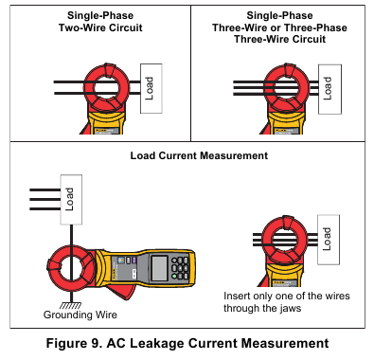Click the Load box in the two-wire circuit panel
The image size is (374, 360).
(151, 88)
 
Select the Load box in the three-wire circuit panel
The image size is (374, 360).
(329, 89)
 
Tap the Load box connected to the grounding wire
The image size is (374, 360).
(71, 199)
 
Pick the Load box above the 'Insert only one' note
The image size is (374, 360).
(329, 240)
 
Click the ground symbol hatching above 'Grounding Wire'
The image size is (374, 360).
(70, 305)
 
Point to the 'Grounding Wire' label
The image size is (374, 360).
(80, 315)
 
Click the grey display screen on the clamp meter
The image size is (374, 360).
(159, 268)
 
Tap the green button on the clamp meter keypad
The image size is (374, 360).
(174, 276)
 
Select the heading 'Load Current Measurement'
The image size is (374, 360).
(199, 155)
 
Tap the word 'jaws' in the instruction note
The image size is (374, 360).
(291, 308)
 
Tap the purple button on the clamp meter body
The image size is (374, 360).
(134, 260)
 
